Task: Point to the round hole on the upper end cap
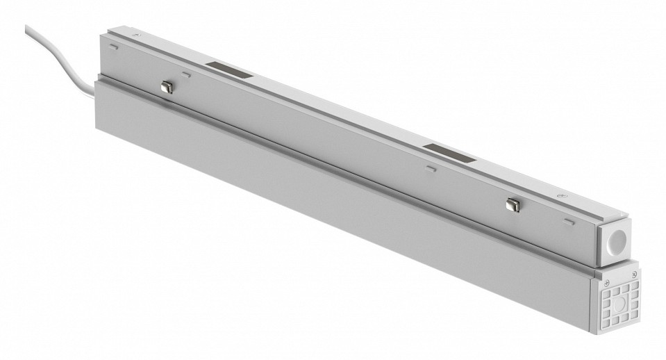pos(617,245)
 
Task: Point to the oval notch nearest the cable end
pos(113,48)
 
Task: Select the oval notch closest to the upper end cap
pos(569,222)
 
